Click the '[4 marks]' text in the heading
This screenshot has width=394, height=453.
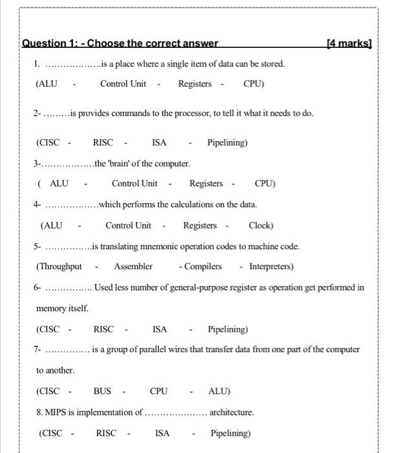pos(350,44)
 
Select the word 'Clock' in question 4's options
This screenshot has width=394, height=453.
pos(261,225)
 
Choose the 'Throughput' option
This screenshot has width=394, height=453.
pos(60,266)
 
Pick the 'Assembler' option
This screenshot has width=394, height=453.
pos(133,266)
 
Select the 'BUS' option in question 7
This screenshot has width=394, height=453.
pos(102,391)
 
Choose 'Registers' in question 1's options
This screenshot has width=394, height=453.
pos(195,83)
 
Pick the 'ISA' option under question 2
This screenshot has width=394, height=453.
pos(159,142)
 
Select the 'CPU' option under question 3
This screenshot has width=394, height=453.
pos(265,183)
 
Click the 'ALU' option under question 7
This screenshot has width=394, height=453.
pos(219,391)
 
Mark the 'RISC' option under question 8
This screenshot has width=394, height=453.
pos(106,433)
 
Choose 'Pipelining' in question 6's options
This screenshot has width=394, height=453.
pos(228,329)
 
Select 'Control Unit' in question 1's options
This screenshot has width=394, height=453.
pos(123,83)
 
